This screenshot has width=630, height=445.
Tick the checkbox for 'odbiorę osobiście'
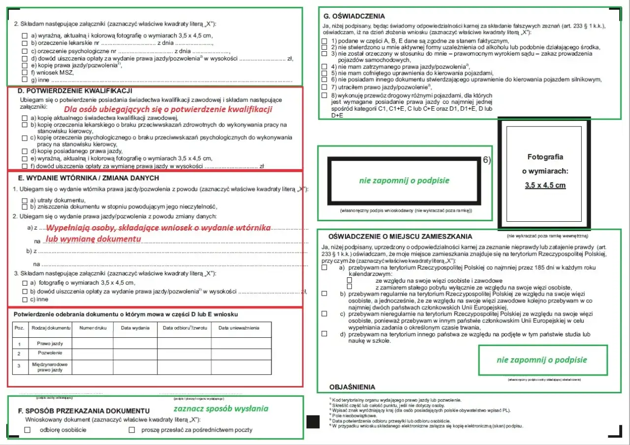point(28,430)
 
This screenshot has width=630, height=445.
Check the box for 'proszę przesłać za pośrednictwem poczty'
point(132,430)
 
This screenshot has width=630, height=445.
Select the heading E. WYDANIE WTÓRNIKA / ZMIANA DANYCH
point(88,178)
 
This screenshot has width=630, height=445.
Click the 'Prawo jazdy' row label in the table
point(50,343)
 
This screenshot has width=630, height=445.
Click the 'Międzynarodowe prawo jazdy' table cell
point(50,367)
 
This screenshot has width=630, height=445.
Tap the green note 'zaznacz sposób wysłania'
point(220,408)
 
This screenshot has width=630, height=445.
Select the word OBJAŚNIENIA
point(352,387)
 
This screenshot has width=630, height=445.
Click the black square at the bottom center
point(313,422)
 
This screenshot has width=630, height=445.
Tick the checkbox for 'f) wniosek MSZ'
point(25,72)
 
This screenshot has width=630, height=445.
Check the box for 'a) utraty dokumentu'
point(25,201)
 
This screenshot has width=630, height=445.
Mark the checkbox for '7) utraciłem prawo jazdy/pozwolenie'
point(324,87)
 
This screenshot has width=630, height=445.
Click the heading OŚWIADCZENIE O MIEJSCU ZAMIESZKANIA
point(393,237)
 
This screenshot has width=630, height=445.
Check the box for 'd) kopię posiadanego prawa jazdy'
point(25,151)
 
